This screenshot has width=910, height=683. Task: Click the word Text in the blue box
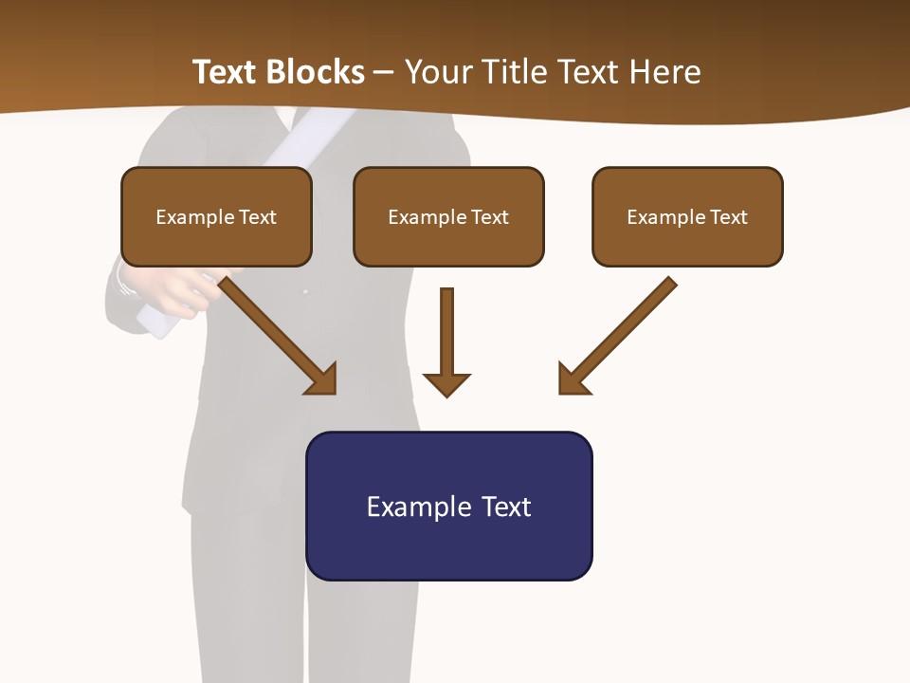pyautogui.click(x=505, y=507)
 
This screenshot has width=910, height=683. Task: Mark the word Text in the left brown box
pyautogui.click(x=258, y=217)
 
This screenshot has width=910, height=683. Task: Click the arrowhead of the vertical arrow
pyautogui.click(x=446, y=384)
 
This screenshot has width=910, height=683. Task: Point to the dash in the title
pyautogui.click(x=384, y=72)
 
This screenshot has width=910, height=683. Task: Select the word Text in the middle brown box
pyautogui.click(x=490, y=217)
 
